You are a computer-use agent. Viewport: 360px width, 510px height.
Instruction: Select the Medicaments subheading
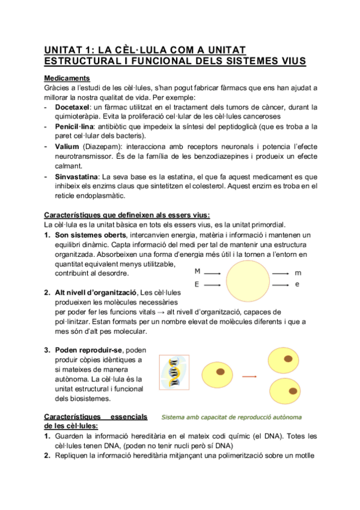pos(67,78)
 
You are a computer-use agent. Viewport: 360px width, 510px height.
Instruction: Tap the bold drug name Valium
pos(67,146)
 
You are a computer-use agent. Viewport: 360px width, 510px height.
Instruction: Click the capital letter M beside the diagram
pos(197,272)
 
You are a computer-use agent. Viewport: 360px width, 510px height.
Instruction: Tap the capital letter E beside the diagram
pos(197,284)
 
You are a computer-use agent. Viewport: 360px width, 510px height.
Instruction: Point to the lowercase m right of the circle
pos(298,272)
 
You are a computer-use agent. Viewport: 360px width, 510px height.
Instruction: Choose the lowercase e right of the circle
pos(297,284)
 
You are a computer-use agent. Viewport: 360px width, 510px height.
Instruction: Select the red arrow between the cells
pos(249,376)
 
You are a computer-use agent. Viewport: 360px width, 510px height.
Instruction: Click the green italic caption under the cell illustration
pos(232,417)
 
